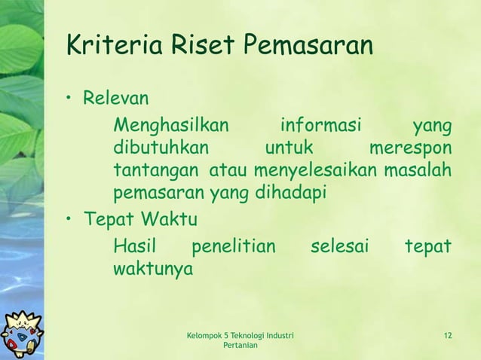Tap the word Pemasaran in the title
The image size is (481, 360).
point(308,46)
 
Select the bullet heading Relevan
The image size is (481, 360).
point(116,98)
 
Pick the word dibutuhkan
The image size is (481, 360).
point(161,146)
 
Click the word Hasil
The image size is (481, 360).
point(130,246)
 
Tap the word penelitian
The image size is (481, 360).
point(234,246)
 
